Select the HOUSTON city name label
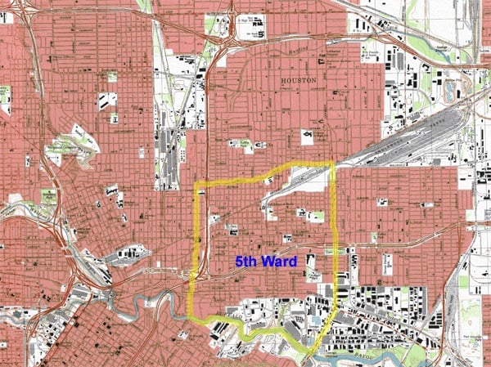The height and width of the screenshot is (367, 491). coord(299,81)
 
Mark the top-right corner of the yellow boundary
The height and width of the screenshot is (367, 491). coord(334,163)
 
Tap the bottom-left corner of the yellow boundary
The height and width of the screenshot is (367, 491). coord(190,316)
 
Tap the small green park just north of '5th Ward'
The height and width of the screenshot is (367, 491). coord(315,216)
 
